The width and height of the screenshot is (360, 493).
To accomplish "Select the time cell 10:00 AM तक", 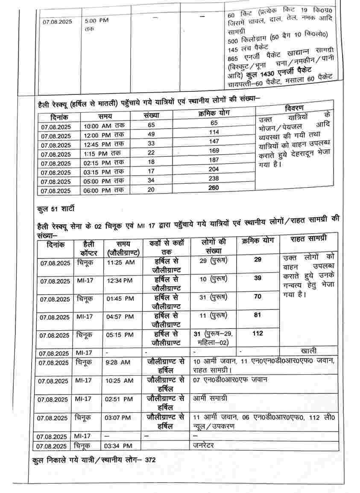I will coord(104,126).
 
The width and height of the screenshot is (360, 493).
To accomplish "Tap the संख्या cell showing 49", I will coord(151,134).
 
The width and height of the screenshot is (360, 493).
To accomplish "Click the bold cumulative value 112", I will coord(258,334).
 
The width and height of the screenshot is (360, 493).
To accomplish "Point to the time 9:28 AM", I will coord(118,362).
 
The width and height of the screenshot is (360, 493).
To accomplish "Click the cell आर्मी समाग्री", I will coord(211,398).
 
